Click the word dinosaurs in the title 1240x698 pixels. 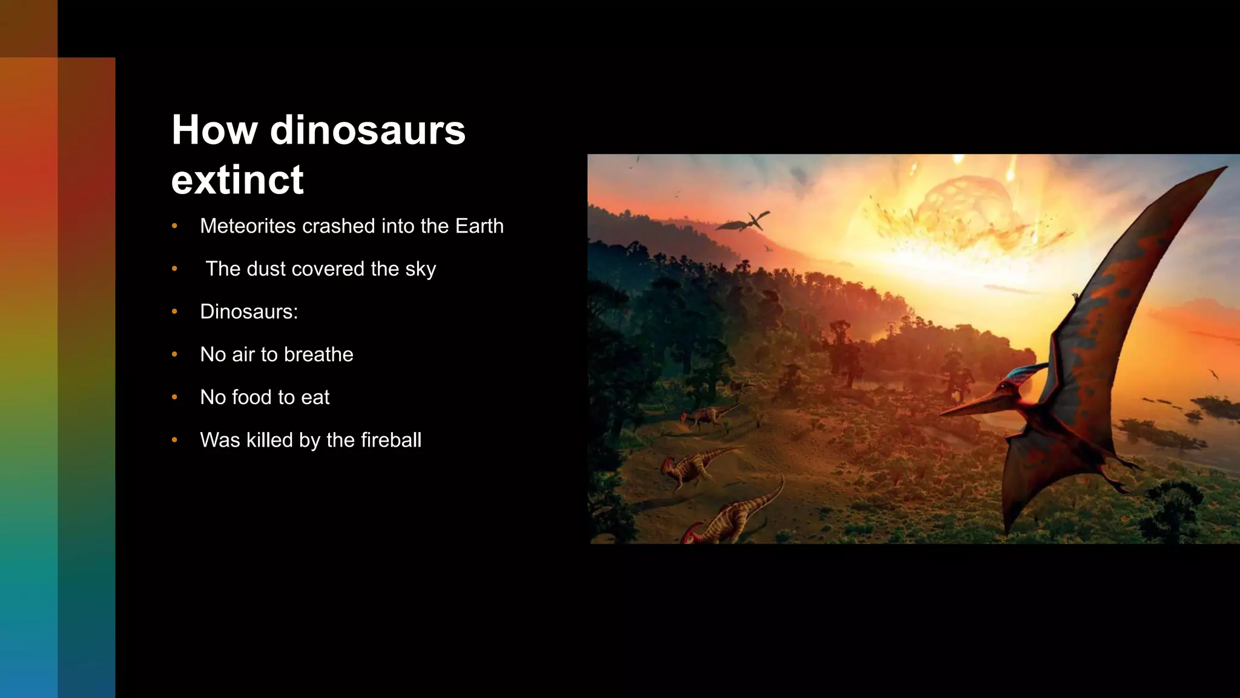[x=367, y=130]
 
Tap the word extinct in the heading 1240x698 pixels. [x=237, y=180]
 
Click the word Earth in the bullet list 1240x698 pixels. [x=479, y=226]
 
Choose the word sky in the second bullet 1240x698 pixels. [x=421, y=270]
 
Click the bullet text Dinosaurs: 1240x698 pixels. [x=249, y=311]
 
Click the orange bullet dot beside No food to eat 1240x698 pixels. [x=174, y=397]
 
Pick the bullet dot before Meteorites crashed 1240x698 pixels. [x=174, y=226]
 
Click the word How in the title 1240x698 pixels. [x=214, y=130]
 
